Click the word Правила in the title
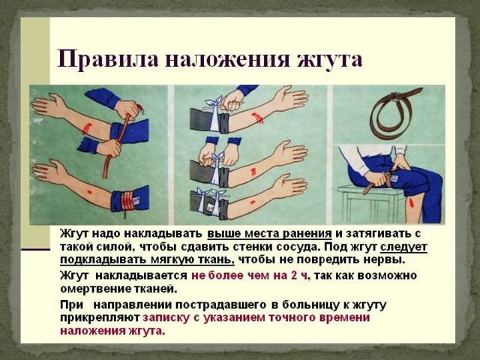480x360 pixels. [108, 58]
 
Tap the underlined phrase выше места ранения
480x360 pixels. [270, 234]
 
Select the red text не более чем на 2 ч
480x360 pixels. [249, 275]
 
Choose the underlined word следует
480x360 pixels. [403, 247]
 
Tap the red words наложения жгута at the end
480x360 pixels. [112, 331]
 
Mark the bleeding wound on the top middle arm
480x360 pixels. [257, 118]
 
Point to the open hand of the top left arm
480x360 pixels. [48, 105]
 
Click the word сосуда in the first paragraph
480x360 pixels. [297, 247]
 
